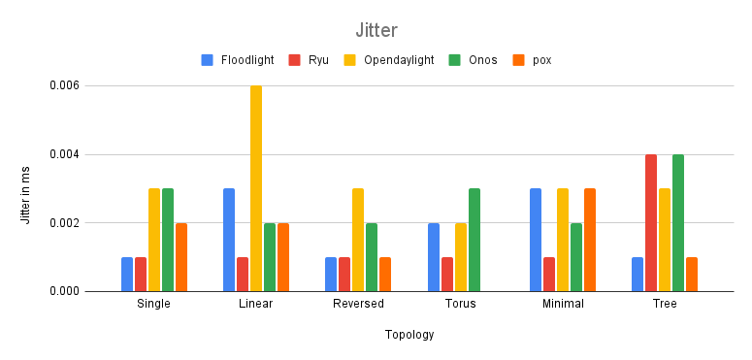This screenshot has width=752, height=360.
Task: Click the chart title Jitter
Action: [376, 30]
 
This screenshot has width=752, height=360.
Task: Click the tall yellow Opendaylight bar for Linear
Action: [256, 188]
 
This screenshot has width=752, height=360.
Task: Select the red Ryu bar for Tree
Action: [651, 223]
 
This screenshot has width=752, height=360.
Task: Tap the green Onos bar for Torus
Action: [474, 240]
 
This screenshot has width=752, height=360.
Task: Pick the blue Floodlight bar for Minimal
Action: [536, 240]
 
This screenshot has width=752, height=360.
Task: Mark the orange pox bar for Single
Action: [181, 257]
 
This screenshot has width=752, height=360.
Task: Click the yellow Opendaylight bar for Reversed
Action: [358, 240]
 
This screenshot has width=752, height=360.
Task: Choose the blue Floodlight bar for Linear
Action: [229, 240]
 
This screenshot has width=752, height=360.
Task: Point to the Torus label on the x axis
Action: [461, 304]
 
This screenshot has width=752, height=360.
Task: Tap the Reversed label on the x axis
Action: [358, 304]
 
